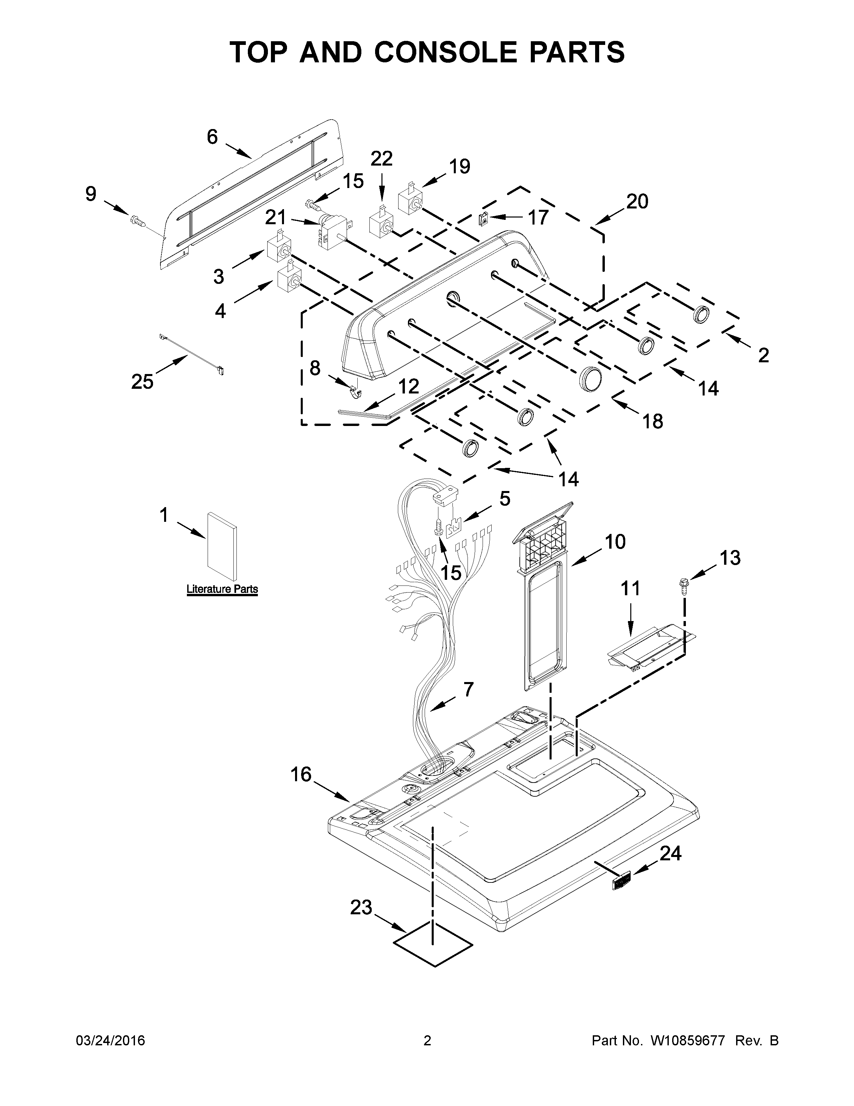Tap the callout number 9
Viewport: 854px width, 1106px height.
coord(90,194)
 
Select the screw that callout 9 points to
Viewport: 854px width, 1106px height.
coord(137,220)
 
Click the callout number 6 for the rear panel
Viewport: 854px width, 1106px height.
coord(212,137)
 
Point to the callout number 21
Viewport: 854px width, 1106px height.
coord(276,218)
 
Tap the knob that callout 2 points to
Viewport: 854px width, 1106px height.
coord(702,314)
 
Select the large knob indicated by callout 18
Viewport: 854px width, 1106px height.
coord(591,377)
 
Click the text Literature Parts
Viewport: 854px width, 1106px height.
coord(222,589)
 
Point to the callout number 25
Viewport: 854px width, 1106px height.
coord(142,382)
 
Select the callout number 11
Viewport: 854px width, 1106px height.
coord(630,589)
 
